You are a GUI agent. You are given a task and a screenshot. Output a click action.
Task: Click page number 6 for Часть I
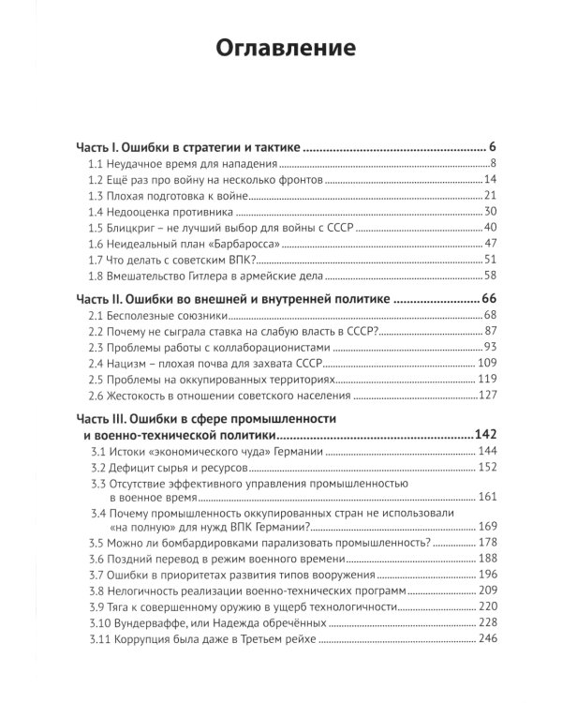click(x=492, y=147)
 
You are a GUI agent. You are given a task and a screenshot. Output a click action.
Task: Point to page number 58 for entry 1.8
click(x=489, y=275)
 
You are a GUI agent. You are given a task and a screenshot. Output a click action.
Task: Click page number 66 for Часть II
click(x=488, y=298)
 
